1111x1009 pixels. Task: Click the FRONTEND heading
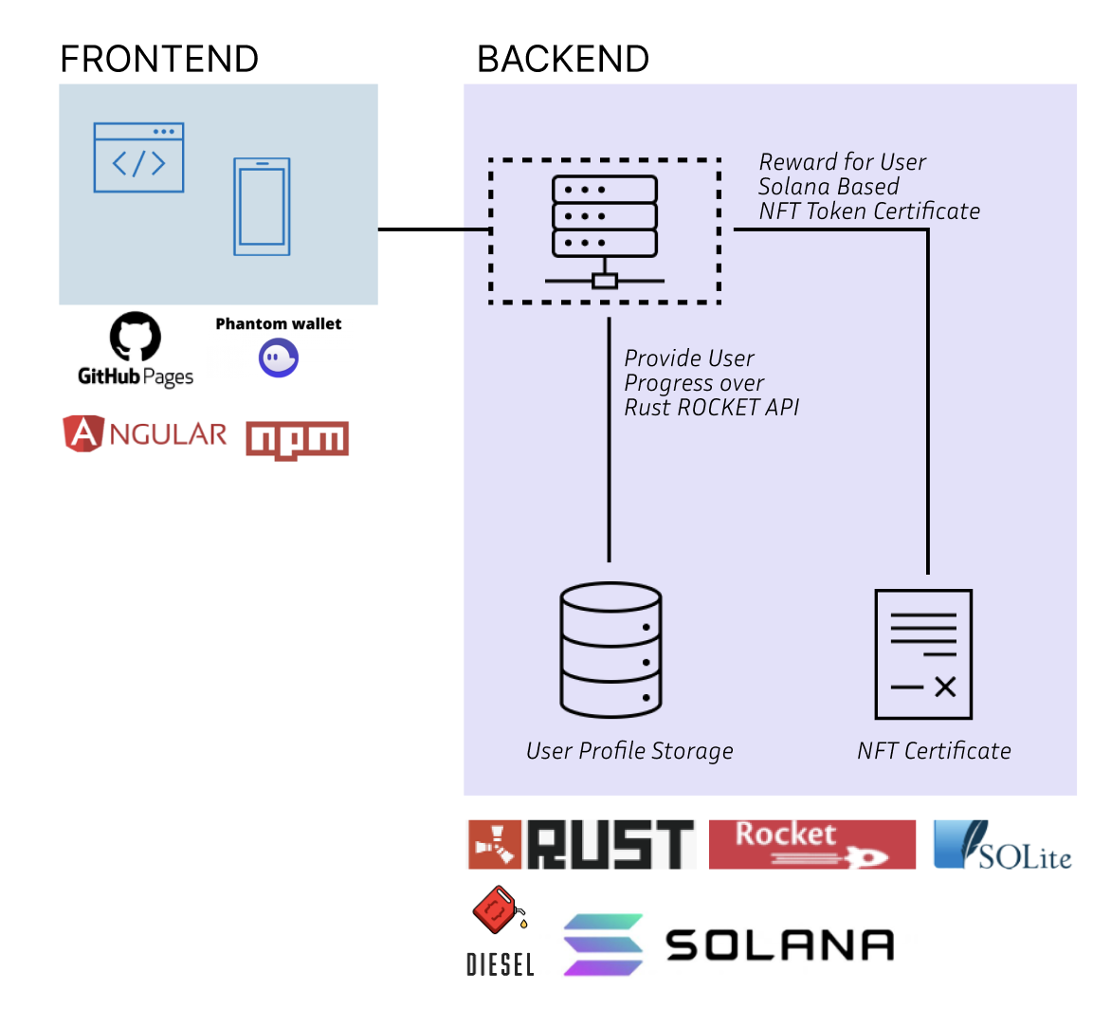[159, 59]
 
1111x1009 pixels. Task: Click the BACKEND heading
[563, 59]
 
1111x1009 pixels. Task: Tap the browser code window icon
[138, 157]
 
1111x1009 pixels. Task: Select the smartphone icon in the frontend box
[262, 207]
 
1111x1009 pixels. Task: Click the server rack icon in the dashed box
[605, 231]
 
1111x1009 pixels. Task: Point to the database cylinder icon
[610, 650]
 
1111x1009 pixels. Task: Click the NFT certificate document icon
[923, 654]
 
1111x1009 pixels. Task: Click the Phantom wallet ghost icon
[279, 358]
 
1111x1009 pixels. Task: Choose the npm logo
[297, 440]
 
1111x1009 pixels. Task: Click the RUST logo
[582, 844]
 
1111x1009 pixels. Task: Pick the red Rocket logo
[812, 844]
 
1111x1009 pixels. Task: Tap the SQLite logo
[1003, 845]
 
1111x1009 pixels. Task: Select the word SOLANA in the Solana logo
[779, 945]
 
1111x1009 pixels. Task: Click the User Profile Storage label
[629, 751]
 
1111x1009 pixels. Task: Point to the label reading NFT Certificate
[934, 751]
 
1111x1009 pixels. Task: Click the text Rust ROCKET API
[711, 408]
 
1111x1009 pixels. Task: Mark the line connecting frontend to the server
[433, 229]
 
